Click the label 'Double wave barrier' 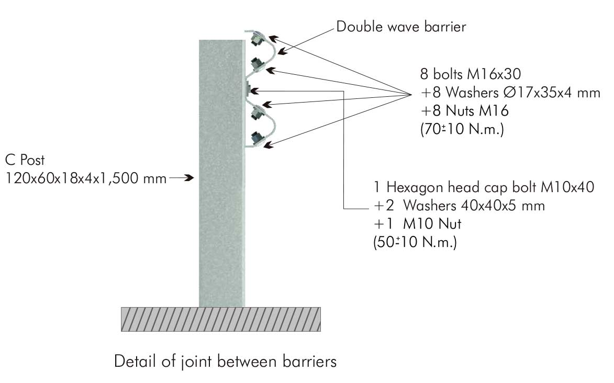tap(401, 27)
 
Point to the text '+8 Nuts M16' tap(464, 111)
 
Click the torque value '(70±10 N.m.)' tap(462, 129)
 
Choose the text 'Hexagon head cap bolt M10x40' tap(490, 187)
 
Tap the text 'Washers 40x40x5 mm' tap(474, 206)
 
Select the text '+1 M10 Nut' tap(418, 224)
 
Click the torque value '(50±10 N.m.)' tap(415, 242)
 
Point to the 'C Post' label tap(25, 160)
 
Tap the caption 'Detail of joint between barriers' tap(225, 361)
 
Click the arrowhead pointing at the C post tap(189, 178)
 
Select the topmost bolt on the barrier tap(257, 40)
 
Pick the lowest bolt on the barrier tap(257, 138)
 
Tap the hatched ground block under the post tap(221, 320)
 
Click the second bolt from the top tap(257, 63)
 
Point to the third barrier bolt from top tap(257, 113)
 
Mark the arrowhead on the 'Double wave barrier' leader tap(283, 51)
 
